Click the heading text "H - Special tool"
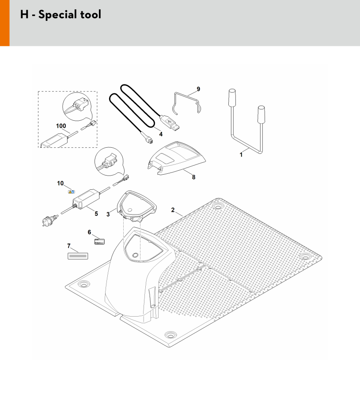pos(61,15)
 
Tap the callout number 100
pos(61,126)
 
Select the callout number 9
pos(198,89)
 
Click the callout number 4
pos(161,134)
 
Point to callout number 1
pos(241,155)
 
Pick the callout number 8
pos(193,177)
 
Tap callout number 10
pos(60,184)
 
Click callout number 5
pos(96,214)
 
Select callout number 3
pos(108,214)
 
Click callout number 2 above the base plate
pos(173,210)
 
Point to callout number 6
pos(89,232)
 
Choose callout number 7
pos(69,246)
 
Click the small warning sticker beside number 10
pos(71,192)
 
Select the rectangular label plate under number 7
pos(78,256)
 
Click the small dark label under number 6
pos(99,242)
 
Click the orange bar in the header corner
pos(5,23)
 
